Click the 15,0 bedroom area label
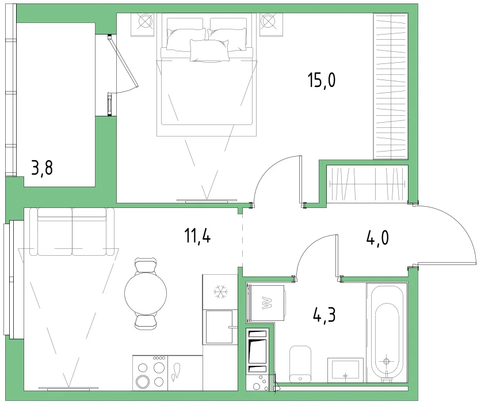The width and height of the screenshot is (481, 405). click(322, 80)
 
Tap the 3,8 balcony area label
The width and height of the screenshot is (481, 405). click(42, 168)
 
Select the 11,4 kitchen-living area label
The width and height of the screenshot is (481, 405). click(197, 236)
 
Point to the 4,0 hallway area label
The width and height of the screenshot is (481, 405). click(377, 238)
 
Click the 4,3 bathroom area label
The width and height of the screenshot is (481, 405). click(325, 315)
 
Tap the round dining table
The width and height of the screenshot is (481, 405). click(146, 293)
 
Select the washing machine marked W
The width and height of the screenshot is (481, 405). click(266, 303)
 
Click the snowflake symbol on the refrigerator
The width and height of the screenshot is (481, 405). click(220, 292)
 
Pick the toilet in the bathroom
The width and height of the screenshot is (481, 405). click(300, 364)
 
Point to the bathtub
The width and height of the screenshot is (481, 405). click(387, 332)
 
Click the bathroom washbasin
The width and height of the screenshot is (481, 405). click(345, 370)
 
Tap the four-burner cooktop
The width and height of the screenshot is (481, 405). click(150, 373)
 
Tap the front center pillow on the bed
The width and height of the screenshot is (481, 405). click(209, 50)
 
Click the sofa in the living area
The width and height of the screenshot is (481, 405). click(72, 232)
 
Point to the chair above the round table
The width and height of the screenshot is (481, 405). click(146, 265)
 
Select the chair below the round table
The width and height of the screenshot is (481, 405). click(146, 322)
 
